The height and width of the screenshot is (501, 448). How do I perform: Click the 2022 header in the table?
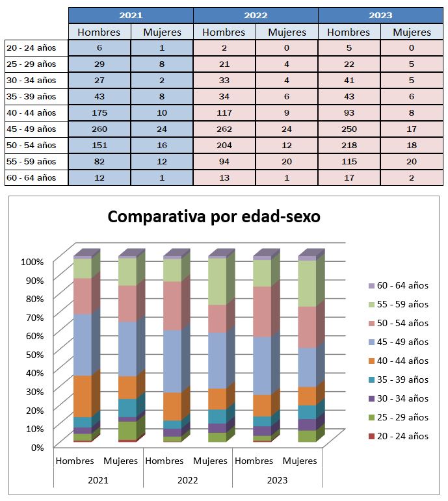[x=256, y=16]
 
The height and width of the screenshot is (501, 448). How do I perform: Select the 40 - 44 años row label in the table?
[x=31, y=113]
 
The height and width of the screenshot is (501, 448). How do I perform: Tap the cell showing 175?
[x=99, y=113]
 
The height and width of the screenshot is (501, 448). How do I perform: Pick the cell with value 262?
[x=224, y=129]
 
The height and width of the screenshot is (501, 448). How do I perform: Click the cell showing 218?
[x=349, y=146]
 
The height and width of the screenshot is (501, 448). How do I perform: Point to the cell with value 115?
[x=349, y=162]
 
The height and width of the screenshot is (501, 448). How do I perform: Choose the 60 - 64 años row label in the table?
[x=31, y=177]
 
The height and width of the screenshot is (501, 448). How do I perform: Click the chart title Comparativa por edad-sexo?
[x=214, y=216]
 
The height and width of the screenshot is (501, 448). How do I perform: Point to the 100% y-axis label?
[x=33, y=262]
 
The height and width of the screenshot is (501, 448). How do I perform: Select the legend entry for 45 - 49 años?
[x=399, y=342]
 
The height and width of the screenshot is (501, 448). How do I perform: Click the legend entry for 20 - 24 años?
[x=399, y=436]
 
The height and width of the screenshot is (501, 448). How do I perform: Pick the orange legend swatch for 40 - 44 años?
[x=371, y=361]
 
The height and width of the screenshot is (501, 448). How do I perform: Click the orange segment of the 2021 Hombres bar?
[x=83, y=396]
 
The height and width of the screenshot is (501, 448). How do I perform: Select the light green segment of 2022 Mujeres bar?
[x=217, y=281]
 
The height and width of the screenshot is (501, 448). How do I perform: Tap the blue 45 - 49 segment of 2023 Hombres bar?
[x=262, y=366]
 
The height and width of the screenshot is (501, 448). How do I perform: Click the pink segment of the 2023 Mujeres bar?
[x=308, y=328]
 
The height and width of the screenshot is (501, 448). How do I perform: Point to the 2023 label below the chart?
[x=277, y=480]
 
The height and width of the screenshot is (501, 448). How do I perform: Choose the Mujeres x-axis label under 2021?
[x=120, y=461]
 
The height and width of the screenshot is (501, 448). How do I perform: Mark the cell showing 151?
[x=99, y=146]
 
